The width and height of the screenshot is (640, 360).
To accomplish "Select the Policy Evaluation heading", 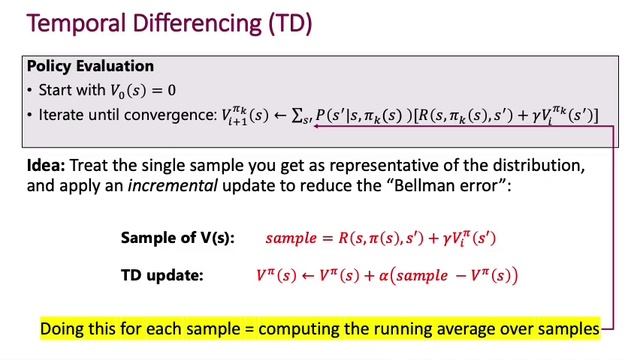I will click(x=90, y=67).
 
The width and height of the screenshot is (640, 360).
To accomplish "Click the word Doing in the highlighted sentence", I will click(x=63, y=328).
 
